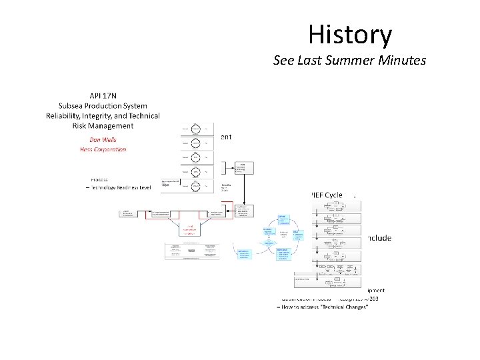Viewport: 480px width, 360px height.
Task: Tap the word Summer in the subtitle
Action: click(351, 61)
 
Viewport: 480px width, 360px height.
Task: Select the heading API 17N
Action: click(103, 95)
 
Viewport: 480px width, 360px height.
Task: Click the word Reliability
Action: click(67, 115)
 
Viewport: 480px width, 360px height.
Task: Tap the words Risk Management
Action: click(103, 125)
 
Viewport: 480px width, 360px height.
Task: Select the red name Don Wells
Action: click(103, 139)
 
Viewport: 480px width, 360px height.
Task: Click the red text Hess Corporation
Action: click(103, 149)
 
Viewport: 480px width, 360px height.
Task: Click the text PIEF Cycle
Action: click(327, 195)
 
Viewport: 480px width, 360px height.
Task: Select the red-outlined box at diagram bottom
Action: click(190, 230)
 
